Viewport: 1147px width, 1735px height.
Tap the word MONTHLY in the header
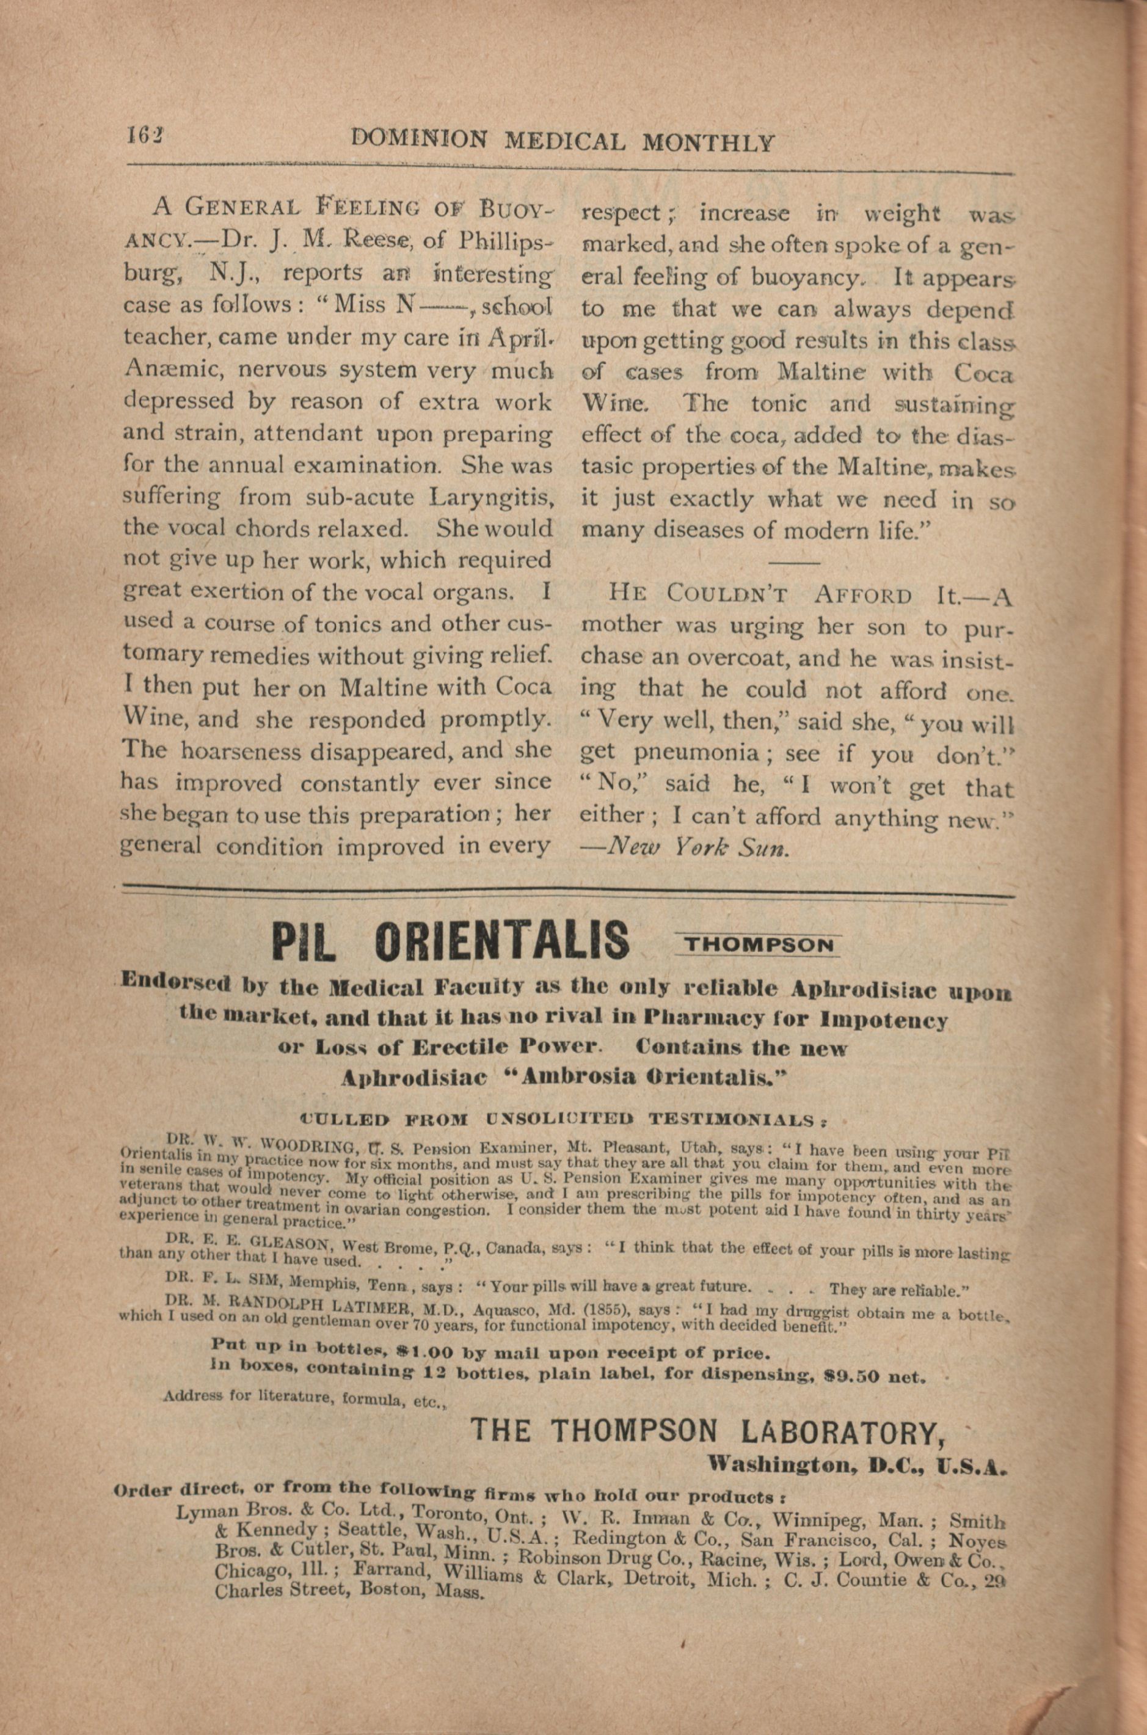click(x=707, y=141)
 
